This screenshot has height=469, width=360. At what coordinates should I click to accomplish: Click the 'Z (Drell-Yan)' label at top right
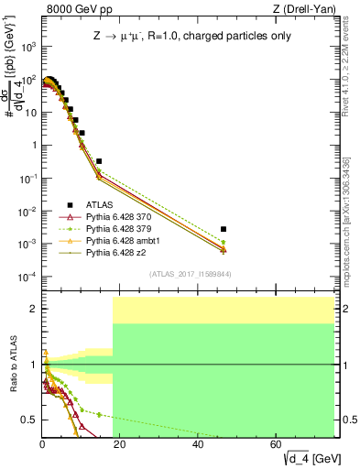pyautogui.click(x=308, y=10)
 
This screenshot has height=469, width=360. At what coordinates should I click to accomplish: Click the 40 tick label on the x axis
pyautogui.click(x=199, y=444)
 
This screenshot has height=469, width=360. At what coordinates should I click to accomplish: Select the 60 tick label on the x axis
pyautogui.click(x=277, y=444)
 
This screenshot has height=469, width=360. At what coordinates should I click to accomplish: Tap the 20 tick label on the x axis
pyautogui.click(x=121, y=444)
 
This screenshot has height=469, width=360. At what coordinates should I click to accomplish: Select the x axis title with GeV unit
pyautogui.click(x=314, y=457)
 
